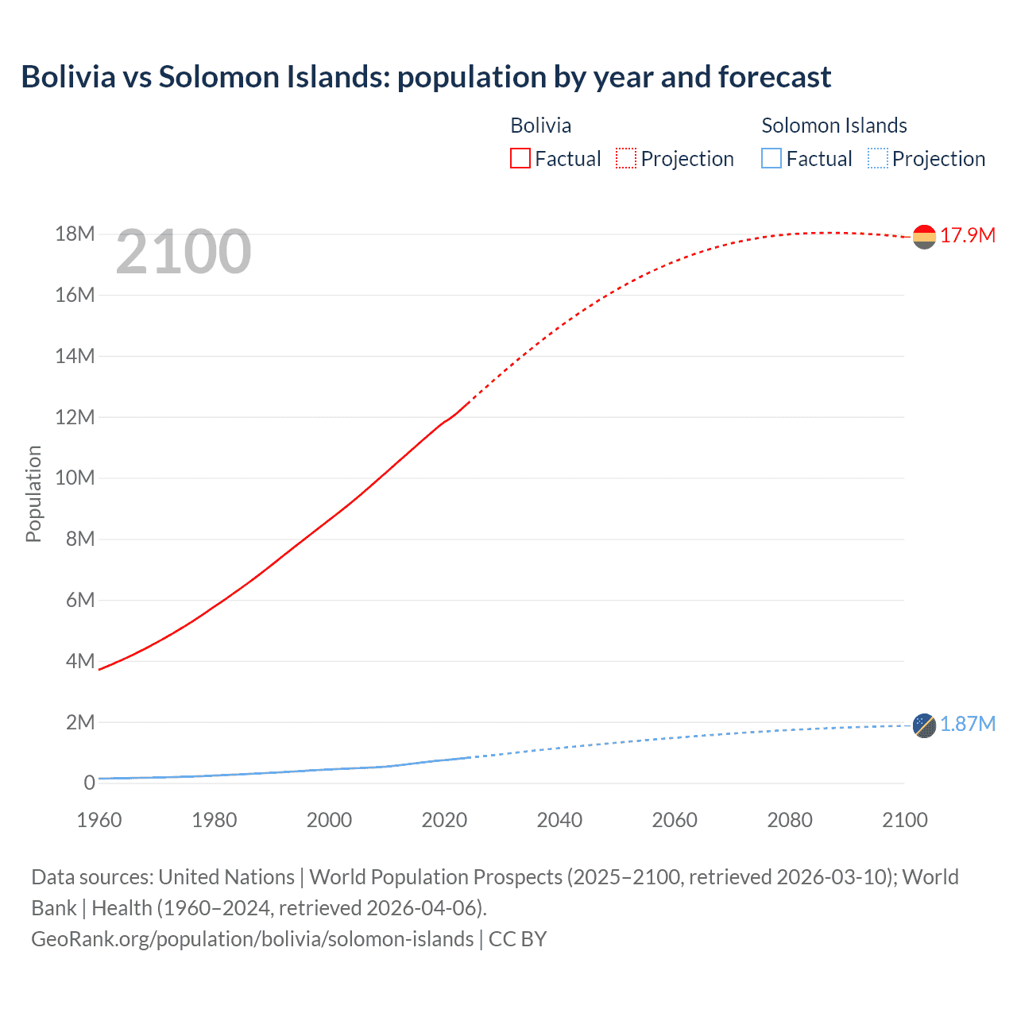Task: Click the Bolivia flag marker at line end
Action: (924, 237)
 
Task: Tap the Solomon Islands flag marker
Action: (924, 725)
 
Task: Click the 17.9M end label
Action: (968, 236)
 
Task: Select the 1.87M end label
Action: (968, 724)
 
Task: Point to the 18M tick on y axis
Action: (75, 234)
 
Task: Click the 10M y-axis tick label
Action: (75, 478)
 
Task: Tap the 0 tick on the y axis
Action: (89, 783)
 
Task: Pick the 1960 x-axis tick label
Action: (99, 820)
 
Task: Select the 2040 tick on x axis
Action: (559, 820)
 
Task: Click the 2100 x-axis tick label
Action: (904, 820)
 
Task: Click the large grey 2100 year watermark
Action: (184, 252)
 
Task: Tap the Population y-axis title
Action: (33, 493)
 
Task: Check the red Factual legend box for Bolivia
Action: (520, 158)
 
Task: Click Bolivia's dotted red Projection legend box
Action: (626, 158)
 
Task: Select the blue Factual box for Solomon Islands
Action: (771, 158)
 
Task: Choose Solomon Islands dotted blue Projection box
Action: (878, 158)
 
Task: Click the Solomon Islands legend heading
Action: (833, 126)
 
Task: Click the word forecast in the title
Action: (774, 77)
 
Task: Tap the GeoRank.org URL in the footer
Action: (252, 938)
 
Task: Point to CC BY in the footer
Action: (517, 938)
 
